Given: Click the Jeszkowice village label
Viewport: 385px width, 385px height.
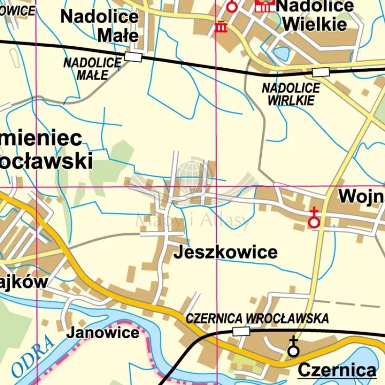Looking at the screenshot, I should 225,253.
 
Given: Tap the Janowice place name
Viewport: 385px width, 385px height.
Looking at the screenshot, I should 103,332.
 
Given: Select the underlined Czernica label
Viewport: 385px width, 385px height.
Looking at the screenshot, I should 337,370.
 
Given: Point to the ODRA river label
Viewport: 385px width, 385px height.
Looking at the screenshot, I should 32,356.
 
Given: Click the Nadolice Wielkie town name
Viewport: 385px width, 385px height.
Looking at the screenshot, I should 314,14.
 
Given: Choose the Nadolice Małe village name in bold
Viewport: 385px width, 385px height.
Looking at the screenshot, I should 100,26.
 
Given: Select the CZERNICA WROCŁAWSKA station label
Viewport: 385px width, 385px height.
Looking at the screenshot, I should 257,318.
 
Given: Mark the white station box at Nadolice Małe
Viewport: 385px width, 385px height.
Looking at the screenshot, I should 133,56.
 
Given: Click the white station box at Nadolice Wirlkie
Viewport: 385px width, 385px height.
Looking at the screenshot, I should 321,72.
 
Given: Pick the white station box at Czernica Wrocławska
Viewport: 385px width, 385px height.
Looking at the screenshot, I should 241,332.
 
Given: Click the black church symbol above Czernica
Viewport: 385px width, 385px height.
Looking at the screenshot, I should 293,348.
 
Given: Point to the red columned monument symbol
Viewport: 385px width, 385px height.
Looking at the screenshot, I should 221,26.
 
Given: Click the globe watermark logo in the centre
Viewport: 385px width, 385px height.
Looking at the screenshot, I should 193,177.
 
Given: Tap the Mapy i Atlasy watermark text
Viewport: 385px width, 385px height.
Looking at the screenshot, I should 193,221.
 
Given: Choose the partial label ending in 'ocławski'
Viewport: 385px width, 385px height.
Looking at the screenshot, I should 46,161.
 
